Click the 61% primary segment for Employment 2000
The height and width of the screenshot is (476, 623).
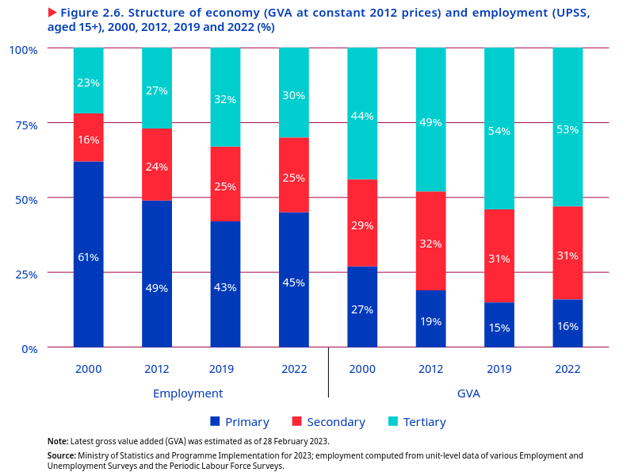(88, 254)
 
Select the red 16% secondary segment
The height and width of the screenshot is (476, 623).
(88, 138)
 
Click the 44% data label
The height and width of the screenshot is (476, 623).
(362, 116)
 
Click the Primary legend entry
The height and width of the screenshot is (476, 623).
(239, 422)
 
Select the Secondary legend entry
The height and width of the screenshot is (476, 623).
(328, 422)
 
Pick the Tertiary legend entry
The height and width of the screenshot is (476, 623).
(417, 422)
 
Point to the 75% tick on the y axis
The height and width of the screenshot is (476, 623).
(23, 125)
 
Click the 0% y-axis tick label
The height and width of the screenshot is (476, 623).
(29, 348)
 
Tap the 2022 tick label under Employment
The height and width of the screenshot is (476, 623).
(293, 369)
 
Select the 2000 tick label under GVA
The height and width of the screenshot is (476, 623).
(362, 369)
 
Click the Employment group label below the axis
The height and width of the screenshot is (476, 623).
(188, 393)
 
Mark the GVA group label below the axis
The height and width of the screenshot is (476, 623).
(468, 393)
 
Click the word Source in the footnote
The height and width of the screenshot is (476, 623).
(61, 455)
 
